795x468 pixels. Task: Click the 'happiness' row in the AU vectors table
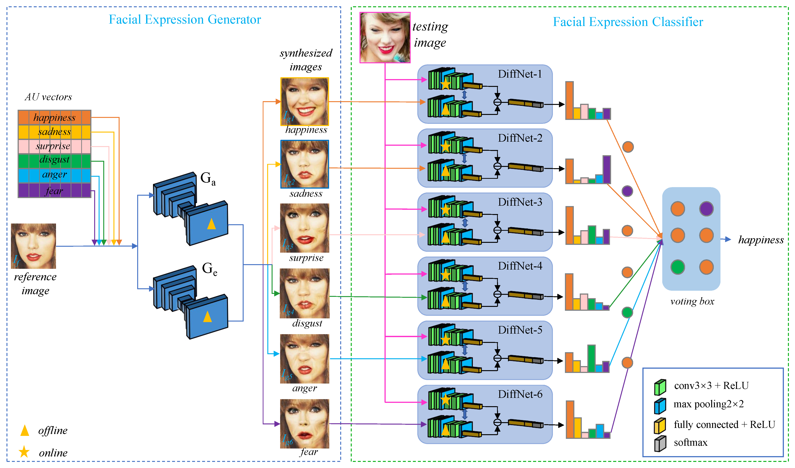[x=54, y=118]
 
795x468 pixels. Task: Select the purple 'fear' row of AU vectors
[x=54, y=191]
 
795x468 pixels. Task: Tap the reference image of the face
[x=33, y=246]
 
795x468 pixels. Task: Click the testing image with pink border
[x=385, y=37]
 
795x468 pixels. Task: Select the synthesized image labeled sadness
[x=304, y=164]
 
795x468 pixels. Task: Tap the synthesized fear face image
[x=304, y=423]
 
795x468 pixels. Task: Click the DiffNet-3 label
[x=520, y=202]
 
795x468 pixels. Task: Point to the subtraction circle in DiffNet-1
[x=497, y=102]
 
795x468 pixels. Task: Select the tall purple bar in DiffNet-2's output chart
[x=606, y=169]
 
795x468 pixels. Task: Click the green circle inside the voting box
[x=677, y=267]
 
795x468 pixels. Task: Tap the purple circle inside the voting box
[x=706, y=209]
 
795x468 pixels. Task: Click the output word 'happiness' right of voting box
[x=761, y=240]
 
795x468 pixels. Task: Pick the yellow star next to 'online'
[x=24, y=452]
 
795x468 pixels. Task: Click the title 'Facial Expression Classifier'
[x=628, y=22]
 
